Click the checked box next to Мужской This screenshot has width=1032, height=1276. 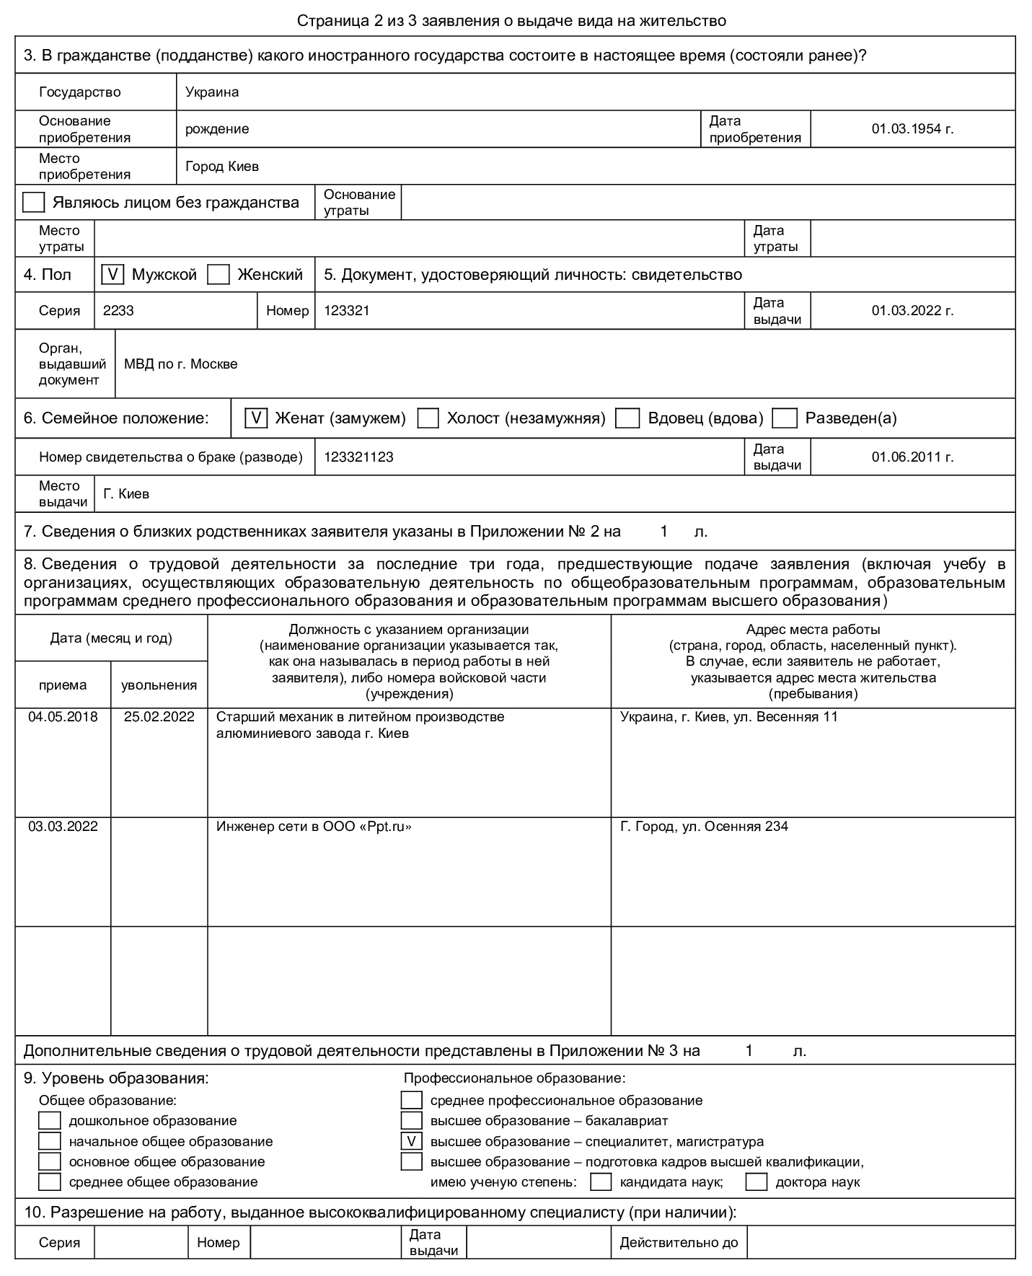coord(113,275)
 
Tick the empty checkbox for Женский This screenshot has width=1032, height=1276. coord(218,275)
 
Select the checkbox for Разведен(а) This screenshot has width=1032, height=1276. coord(785,418)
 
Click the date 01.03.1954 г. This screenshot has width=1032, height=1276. coord(912,129)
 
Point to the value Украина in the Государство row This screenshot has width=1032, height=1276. coord(212,92)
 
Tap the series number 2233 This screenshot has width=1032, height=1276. coord(118,311)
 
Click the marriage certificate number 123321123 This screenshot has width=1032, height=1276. coord(358,457)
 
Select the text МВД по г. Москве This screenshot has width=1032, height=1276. coord(180,364)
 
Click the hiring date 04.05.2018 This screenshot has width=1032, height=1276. coord(63,717)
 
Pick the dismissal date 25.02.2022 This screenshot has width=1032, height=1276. coord(159,717)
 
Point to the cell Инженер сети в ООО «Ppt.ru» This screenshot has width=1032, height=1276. coord(314,827)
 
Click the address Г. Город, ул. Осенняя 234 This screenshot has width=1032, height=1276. coord(704,827)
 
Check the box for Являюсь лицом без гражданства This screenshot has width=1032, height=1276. coord(34,203)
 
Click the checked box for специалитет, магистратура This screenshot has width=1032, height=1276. coord(411,1142)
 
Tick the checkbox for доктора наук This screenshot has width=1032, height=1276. coord(756,1182)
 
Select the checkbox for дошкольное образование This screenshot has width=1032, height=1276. coord(50,1121)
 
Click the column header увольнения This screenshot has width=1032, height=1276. coord(159,685)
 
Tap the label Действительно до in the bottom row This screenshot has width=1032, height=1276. coord(679,1243)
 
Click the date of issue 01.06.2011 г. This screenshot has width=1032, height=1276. coord(912,457)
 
